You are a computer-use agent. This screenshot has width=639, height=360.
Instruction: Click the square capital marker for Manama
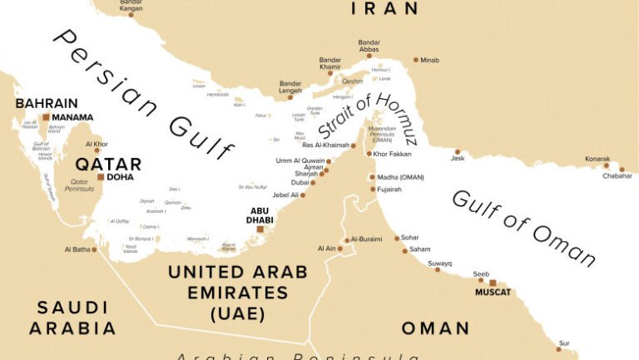(x=47, y=118)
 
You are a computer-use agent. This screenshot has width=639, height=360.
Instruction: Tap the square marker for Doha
(x=101, y=177)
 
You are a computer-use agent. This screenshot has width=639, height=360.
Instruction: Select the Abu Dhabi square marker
(x=260, y=229)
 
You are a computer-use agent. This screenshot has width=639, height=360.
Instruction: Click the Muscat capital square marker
(x=493, y=283)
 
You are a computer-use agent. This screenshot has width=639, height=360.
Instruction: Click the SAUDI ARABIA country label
(x=72, y=318)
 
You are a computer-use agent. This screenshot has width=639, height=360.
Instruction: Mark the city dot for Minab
(x=416, y=60)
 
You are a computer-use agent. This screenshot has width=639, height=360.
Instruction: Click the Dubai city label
(x=300, y=183)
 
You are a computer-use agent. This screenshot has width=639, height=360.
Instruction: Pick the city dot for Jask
(x=457, y=152)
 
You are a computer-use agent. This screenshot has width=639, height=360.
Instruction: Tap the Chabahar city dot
(x=622, y=170)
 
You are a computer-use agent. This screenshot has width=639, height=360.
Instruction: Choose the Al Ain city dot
(x=340, y=249)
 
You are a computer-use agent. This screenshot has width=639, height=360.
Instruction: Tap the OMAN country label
(x=435, y=328)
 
